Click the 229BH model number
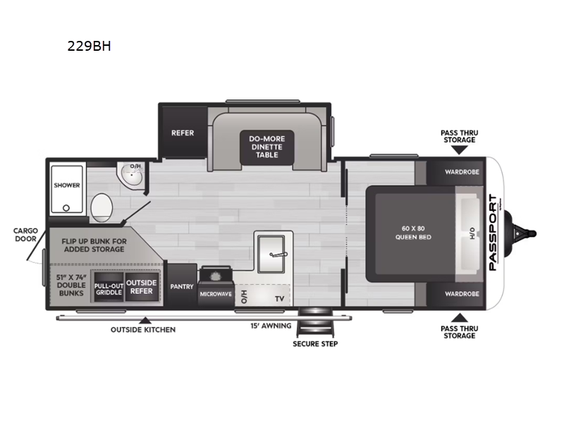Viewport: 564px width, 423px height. click(x=90, y=47)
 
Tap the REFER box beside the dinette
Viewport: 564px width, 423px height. click(x=182, y=133)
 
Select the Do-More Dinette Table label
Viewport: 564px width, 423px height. click(x=262, y=146)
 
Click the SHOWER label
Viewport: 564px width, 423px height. click(x=67, y=185)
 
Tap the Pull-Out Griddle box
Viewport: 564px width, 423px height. click(x=109, y=286)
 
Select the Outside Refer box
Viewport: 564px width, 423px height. click(x=140, y=286)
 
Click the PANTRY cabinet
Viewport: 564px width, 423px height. click(x=182, y=286)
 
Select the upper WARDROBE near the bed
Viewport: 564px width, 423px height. click(x=462, y=171)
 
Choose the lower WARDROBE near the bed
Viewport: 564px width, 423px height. click(x=462, y=293)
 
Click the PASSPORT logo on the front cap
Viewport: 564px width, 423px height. click(x=493, y=232)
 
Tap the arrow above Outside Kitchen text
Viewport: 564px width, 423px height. click(x=145, y=321)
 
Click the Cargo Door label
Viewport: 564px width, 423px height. click(x=25, y=235)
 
